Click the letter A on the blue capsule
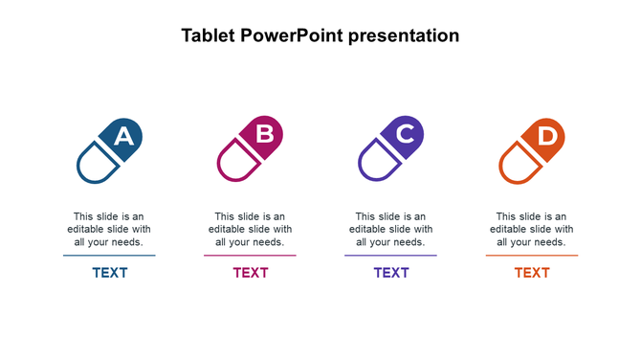tap(123, 137)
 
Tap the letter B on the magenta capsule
tap(265, 134)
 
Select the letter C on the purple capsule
tap(406, 134)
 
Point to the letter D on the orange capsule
tap(546, 136)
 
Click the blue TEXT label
tap(110, 273)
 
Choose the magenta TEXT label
tap(251, 273)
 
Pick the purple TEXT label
tap(391, 273)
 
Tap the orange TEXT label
tap(532, 273)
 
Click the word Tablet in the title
tap(209, 36)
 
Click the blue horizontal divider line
tap(109, 256)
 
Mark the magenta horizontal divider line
tap(250, 256)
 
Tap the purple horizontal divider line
tap(390, 256)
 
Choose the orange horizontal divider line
tap(532, 256)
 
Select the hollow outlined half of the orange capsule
tap(519, 164)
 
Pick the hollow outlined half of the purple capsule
tap(378, 164)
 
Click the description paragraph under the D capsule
tap(532, 230)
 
